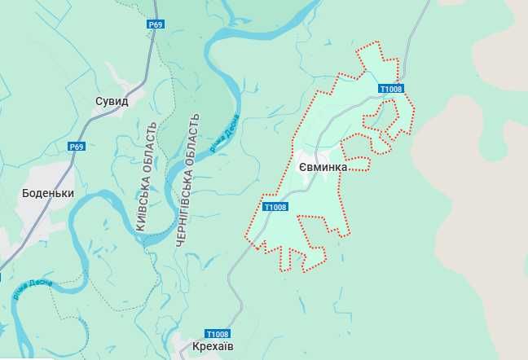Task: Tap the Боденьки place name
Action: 48,194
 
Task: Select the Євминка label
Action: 323,167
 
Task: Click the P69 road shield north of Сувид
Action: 156,25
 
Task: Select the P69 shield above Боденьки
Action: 77,147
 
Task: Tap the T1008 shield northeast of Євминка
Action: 391,89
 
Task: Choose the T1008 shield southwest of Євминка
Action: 275,207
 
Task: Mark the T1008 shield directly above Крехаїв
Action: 218,334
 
